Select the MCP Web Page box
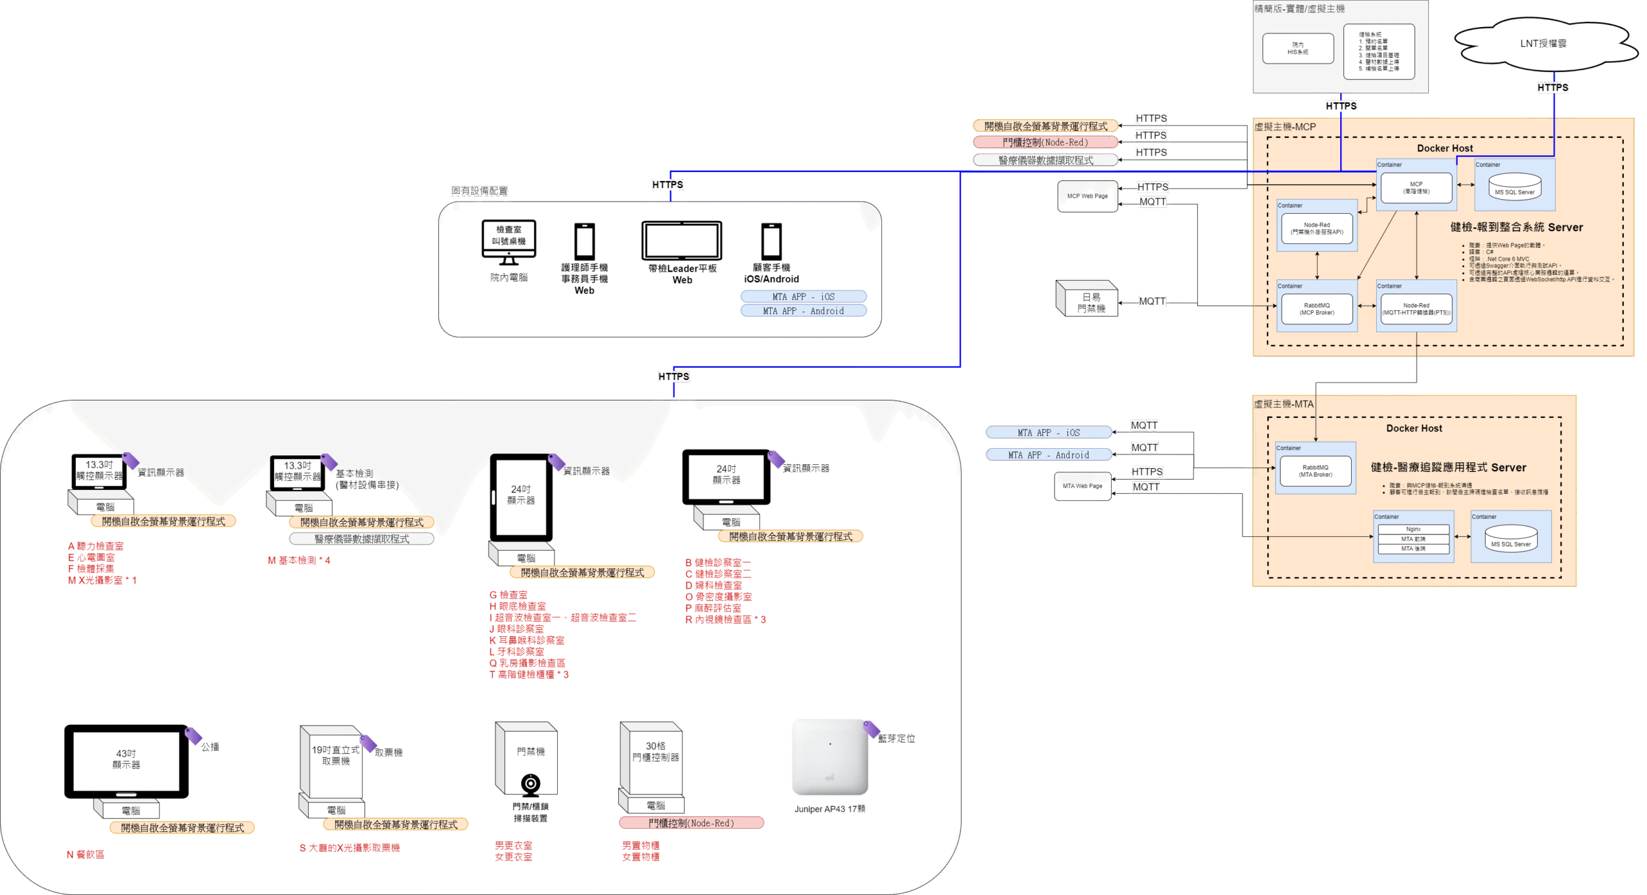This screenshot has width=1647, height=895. pos(1087,196)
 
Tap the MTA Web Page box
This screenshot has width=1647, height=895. pos(1082,486)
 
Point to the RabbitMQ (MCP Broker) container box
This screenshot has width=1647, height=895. pos(1316,309)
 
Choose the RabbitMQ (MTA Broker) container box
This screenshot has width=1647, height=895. pos(1315,471)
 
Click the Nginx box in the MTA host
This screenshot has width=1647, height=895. pos(1413,529)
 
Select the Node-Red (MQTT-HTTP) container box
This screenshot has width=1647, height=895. pos(1416,309)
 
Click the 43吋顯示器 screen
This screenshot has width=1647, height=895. pos(126,760)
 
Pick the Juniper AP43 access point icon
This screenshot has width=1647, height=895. pos(830,757)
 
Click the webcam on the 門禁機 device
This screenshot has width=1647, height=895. pos(531,784)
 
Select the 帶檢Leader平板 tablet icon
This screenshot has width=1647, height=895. pos(681,241)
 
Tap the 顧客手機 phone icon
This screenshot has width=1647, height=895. pos(771,241)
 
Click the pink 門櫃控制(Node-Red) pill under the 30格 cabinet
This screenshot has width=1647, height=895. pos(691,823)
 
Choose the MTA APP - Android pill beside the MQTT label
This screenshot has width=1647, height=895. pos(1048,455)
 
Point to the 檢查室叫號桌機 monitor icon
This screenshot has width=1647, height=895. pos(508,240)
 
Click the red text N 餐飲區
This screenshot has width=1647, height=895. pos(86,854)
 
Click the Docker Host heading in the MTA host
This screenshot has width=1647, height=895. pos(1413,428)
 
